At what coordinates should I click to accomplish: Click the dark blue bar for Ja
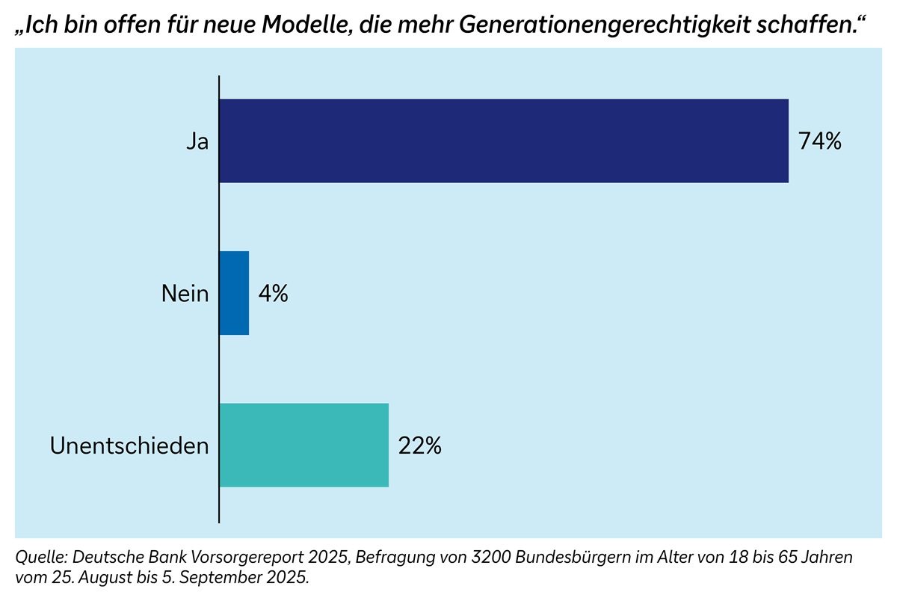[x=503, y=141]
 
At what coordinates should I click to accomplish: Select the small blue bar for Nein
[x=234, y=293]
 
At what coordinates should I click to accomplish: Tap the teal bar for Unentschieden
[x=303, y=445]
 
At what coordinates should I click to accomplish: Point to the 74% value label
[x=819, y=141]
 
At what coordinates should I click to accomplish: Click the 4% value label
[x=273, y=294]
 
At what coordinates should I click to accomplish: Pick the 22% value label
[x=419, y=446]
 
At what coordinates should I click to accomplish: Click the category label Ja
[x=197, y=141]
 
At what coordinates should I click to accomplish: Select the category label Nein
[x=185, y=294]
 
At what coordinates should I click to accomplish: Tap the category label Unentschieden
[x=129, y=446]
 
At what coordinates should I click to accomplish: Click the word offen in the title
[x=114, y=25]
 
